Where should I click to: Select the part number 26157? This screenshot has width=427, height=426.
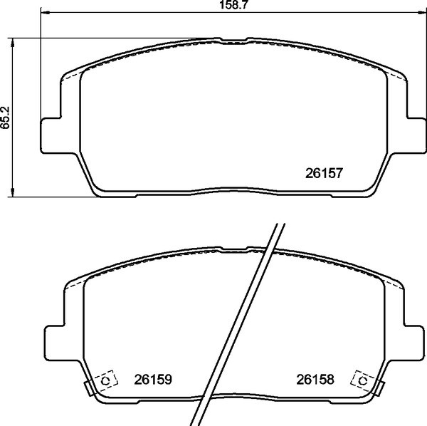[x=325, y=172]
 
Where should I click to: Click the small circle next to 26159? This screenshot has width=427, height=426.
[x=106, y=381]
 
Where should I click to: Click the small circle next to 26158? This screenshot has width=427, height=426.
[x=363, y=381]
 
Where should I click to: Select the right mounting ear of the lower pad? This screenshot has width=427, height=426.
[x=413, y=344]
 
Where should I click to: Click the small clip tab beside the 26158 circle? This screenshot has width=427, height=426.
[x=379, y=388]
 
